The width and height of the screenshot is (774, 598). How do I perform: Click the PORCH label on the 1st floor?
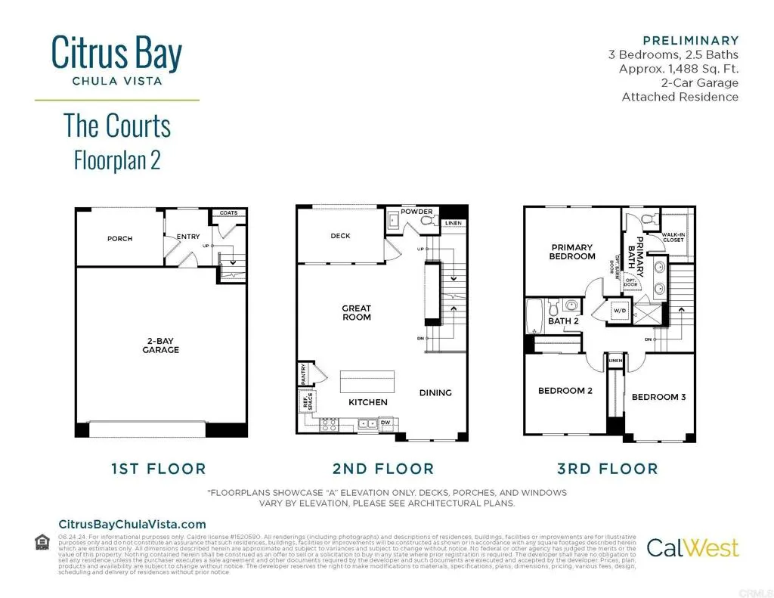click(119, 239)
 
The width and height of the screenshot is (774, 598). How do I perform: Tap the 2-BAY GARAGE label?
click(161, 345)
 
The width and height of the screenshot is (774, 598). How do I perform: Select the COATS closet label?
click(228, 213)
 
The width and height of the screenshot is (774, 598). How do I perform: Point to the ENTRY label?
click(188, 237)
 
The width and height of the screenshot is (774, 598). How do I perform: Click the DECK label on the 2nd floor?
click(341, 236)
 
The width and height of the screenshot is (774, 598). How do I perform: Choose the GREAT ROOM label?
click(357, 312)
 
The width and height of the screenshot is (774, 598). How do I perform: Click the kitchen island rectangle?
click(368, 380)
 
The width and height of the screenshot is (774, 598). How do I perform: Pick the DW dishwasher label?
click(385, 423)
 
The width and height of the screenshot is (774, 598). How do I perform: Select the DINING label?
click(435, 392)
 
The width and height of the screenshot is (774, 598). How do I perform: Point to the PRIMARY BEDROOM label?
click(573, 252)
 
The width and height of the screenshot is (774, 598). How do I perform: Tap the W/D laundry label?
click(620, 311)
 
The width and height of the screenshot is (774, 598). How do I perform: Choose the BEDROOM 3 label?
click(658, 397)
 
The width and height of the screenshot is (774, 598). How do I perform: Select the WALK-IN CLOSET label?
click(673, 237)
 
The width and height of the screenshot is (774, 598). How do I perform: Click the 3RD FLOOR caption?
click(608, 469)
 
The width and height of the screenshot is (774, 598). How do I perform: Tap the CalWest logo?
click(692, 547)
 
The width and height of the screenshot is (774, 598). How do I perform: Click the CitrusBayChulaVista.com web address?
click(132, 524)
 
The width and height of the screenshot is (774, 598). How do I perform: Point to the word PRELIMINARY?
click(690, 40)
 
